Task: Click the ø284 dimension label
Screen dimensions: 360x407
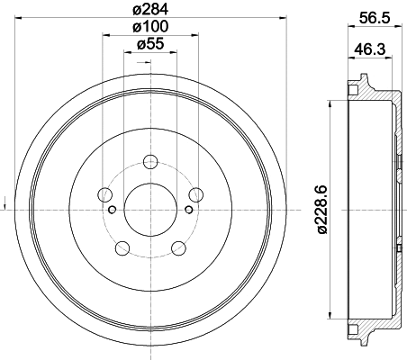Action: [149, 11]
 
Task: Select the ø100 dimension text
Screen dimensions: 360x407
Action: [149, 28]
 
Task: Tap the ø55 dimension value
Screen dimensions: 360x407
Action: [149, 44]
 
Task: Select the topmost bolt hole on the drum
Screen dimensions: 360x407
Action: [150, 162]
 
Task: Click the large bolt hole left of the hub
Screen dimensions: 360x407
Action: [105, 194]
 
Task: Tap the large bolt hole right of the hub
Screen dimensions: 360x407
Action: [194, 194]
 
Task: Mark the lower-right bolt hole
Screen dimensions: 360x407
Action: [177, 247]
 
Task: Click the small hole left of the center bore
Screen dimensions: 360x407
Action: [112, 210]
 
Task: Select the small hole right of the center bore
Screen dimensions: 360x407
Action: [188, 210]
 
